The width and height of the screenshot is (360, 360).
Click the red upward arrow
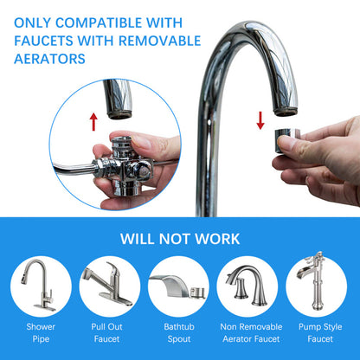point(93,121)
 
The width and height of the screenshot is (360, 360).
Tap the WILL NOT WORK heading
point(179,237)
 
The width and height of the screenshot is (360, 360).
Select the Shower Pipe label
point(41,332)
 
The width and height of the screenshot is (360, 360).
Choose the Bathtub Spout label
point(179,332)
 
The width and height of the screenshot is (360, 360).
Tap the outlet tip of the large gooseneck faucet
point(285,110)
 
